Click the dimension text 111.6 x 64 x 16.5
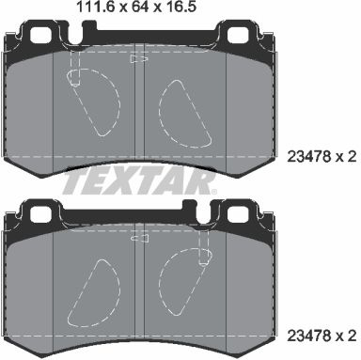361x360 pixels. pos(136,7)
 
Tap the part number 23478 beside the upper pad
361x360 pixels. pos(309,156)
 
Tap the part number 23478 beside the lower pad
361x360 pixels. pos(309,336)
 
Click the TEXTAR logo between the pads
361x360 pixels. pos(138,181)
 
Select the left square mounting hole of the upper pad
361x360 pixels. pos(41,35)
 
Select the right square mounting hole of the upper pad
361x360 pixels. pos(239,35)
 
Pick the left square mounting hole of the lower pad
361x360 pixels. pos(41,213)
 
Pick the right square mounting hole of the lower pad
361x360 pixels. pos(239,213)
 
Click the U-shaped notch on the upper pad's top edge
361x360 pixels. pos(75,35)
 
